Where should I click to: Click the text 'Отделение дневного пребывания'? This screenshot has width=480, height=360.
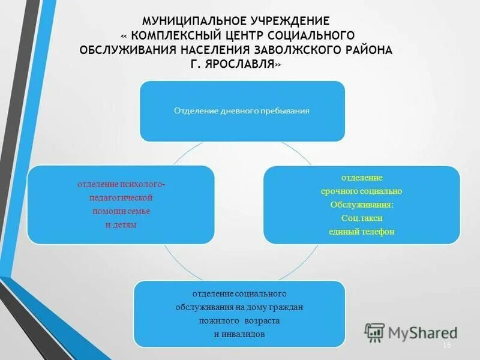pyautogui.click(x=242, y=111)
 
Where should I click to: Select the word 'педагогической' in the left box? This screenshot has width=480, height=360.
pyautogui.click(x=121, y=197)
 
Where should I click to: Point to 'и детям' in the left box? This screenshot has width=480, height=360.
pyautogui.click(x=121, y=224)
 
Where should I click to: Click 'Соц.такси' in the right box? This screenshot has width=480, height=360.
pyautogui.click(x=361, y=218)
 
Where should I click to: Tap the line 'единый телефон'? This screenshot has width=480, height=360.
pyautogui.click(x=361, y=232)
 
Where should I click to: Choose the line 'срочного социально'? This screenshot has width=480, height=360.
pyautogui.click(x=361, y=191)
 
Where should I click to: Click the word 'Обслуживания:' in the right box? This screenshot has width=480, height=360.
pyautogui.click(x=361, y=204)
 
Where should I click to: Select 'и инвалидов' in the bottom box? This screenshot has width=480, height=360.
pyautogui.click(x=239, y=334)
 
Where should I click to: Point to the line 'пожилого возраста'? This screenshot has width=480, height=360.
pyautogui.click(x=239, y=320)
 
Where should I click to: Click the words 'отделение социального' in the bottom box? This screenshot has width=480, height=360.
pyautogui.click(x=239, y=293)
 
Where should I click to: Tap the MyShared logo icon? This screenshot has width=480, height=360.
pyautogui.click(x=374, y=332)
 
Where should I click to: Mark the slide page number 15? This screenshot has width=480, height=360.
pyautogui.click(x=446, y=346)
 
